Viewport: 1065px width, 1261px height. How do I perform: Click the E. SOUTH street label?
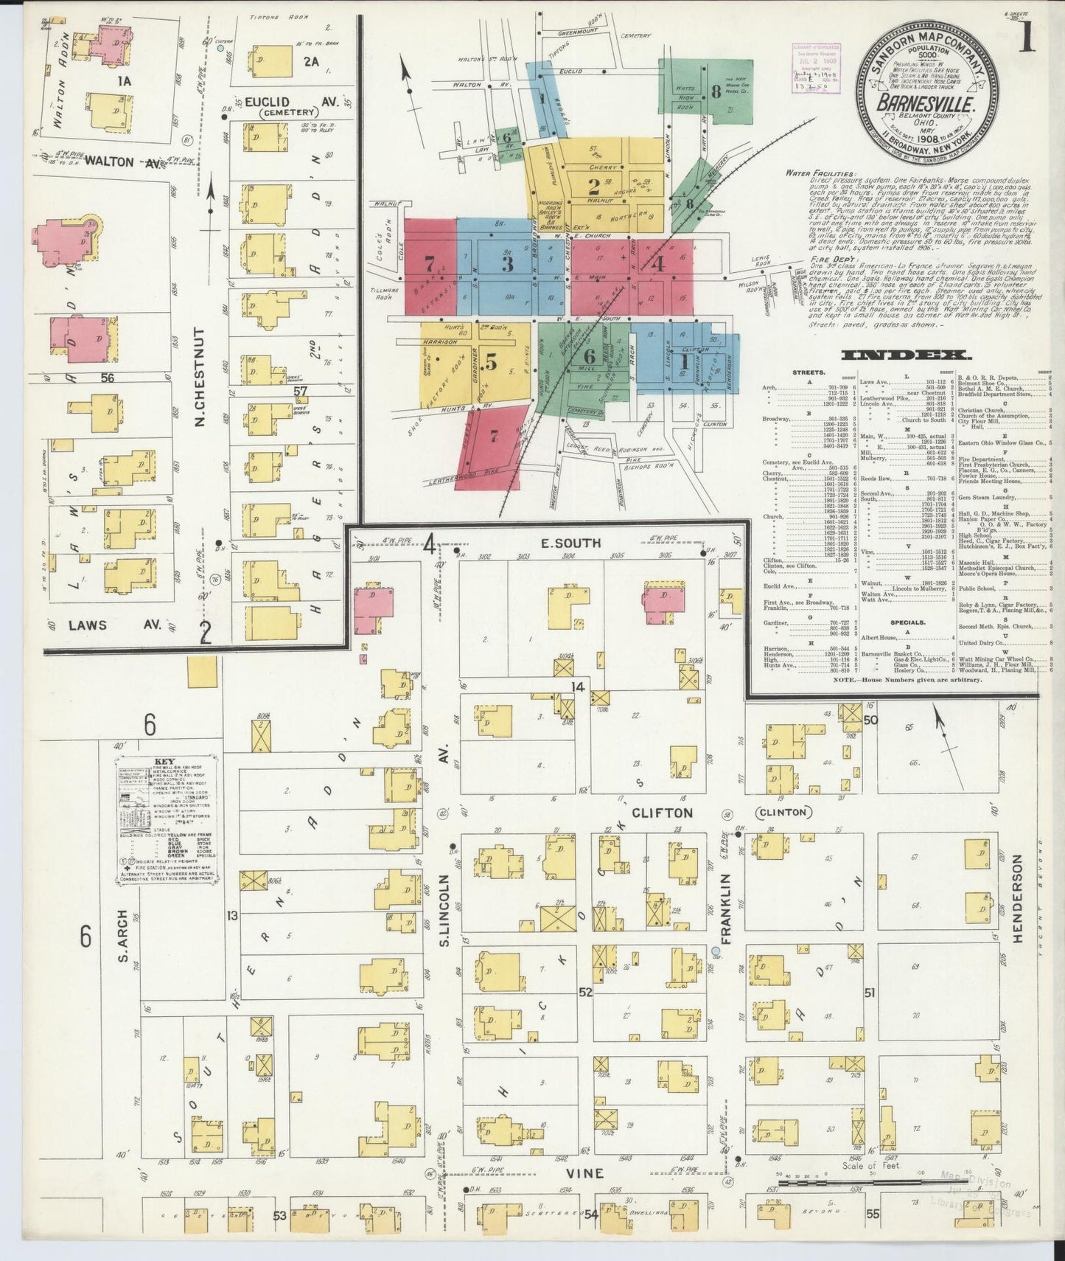pos(571,543)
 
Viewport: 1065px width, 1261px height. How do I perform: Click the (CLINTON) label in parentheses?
pos(783,812)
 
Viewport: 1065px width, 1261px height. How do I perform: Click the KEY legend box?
pos(166,819)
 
